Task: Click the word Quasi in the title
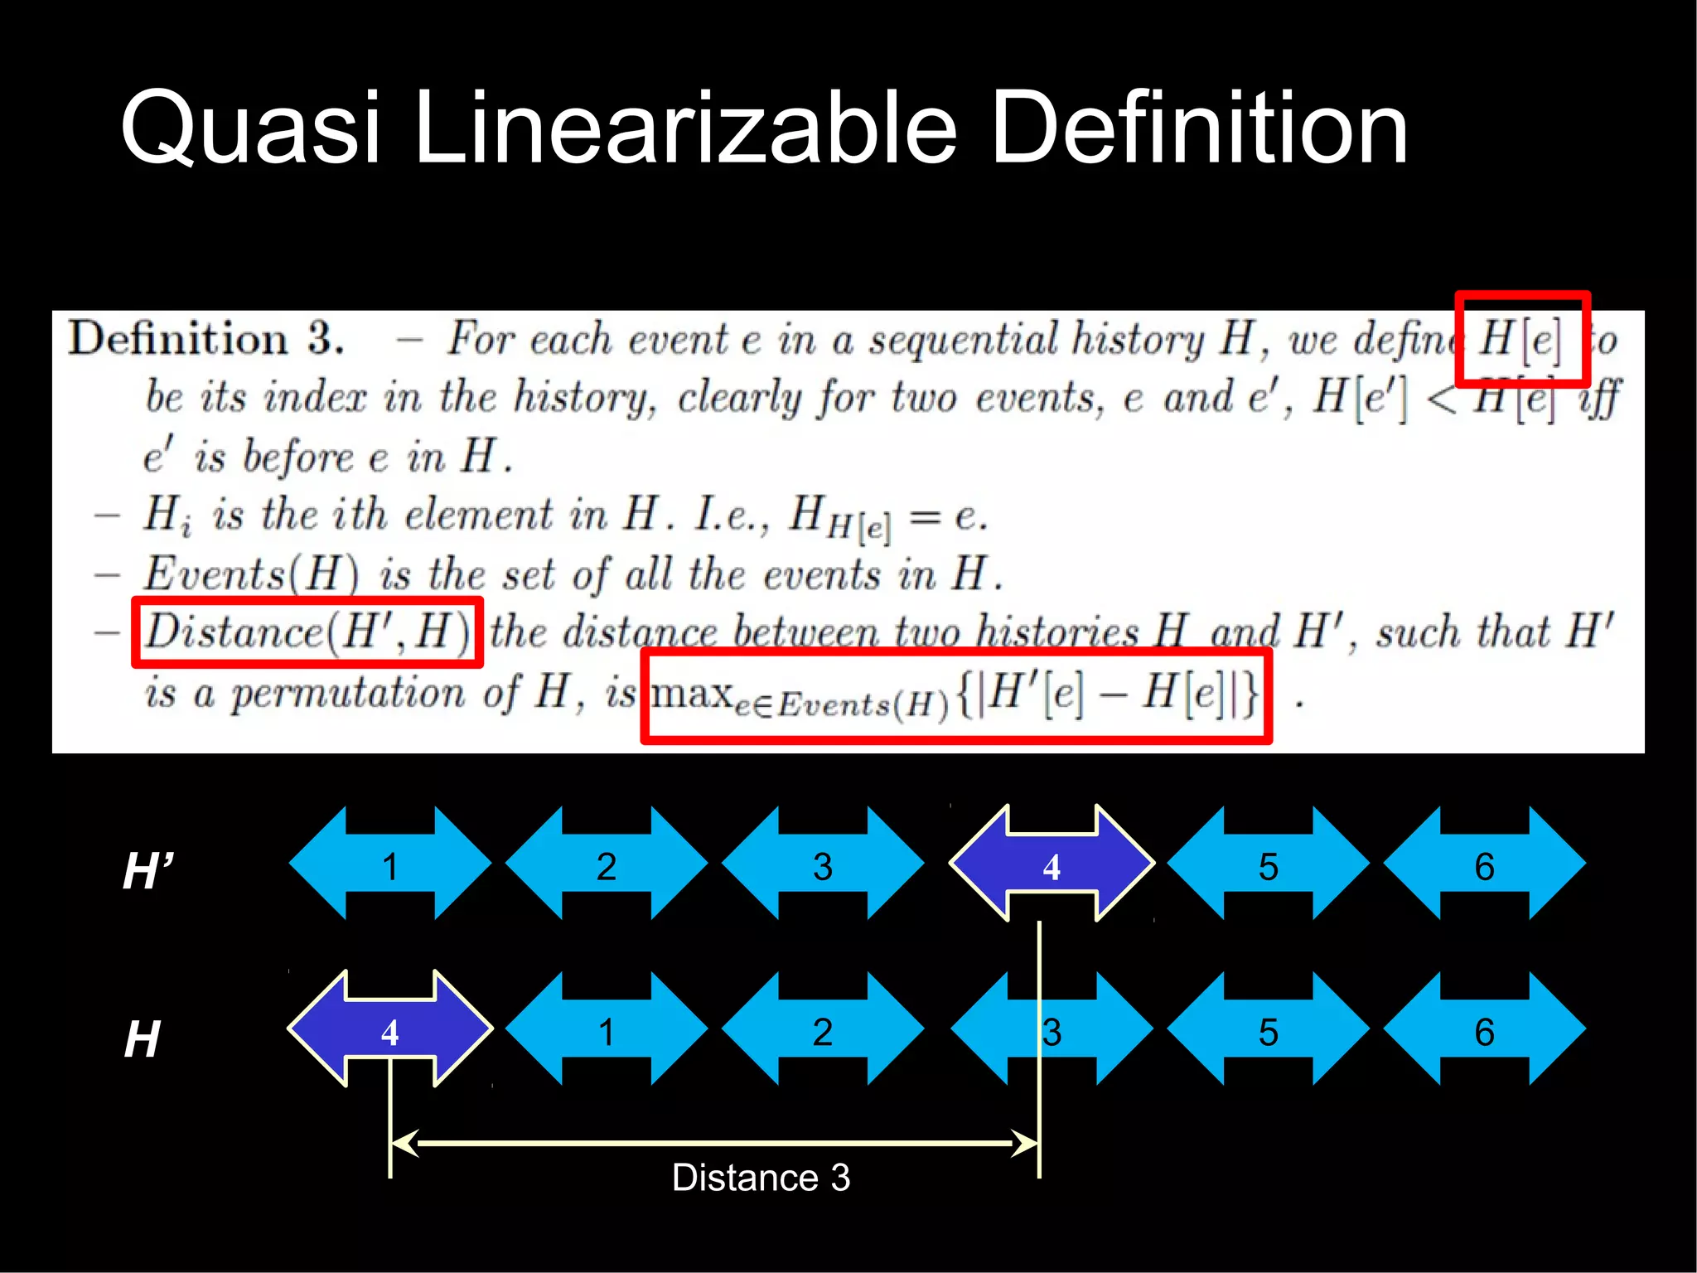[x=250, y=128]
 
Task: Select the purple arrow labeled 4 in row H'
[x=1052, y=864]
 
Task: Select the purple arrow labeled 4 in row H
[x=389, y=1029]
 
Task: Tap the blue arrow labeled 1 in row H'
[x=389, y=864]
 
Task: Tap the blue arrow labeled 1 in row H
[x=606, y=1029]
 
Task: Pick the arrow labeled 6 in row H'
[x=1484, y=864]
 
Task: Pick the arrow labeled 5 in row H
[x=1268, y=1029]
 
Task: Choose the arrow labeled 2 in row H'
[x=606, y=864]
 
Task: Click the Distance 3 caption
[x=761, y=1177]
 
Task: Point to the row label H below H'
[x=142, y=1038]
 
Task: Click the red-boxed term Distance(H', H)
[x=307, y=632]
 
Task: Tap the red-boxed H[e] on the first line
[x=1521, y=339]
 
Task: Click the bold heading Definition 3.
[x=205, y=339]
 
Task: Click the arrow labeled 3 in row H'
[x=822, y=864]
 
